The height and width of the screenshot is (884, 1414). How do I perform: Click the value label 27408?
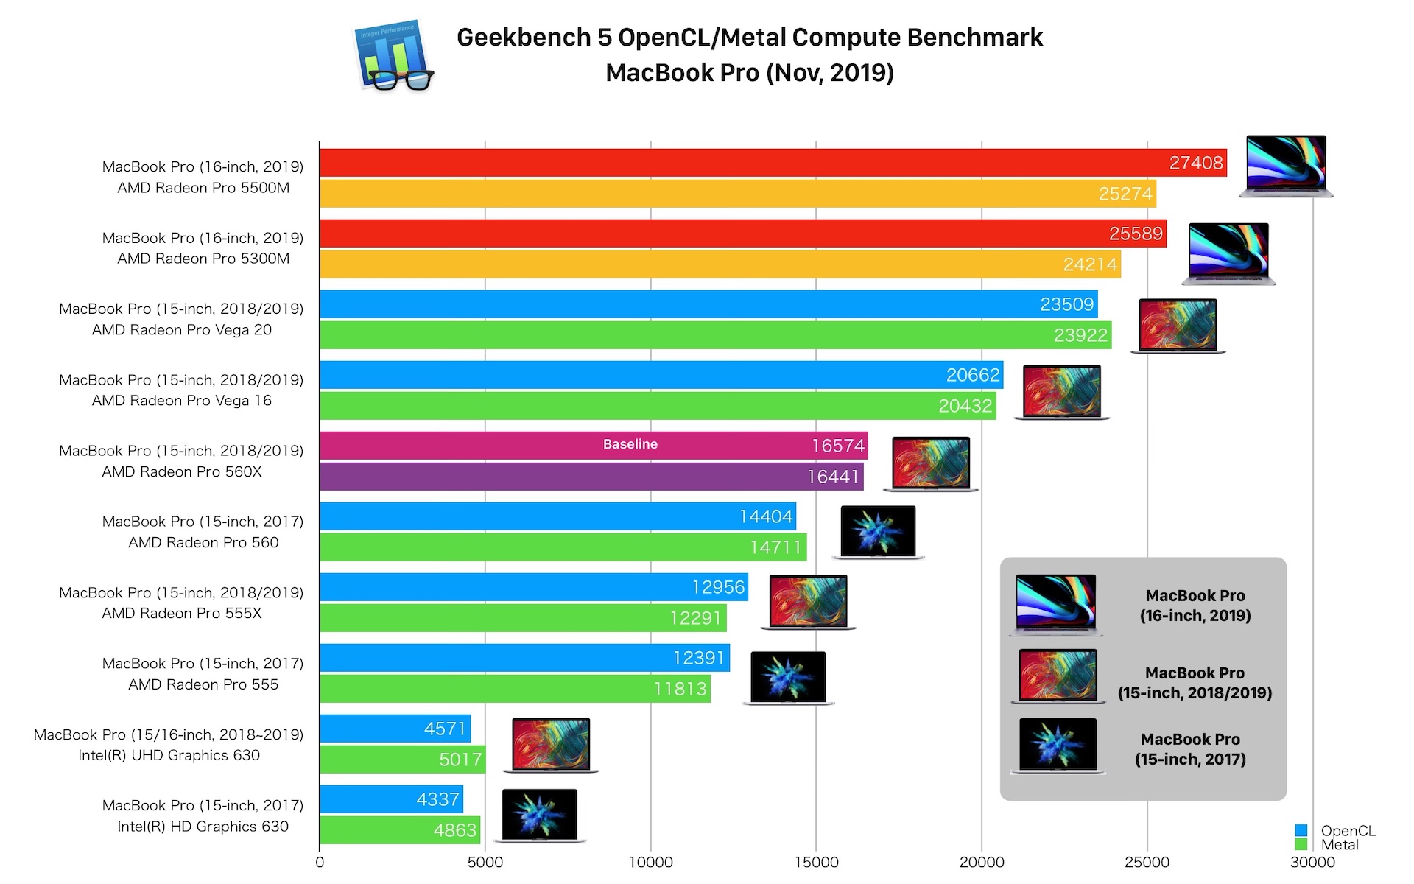coord(1196,163)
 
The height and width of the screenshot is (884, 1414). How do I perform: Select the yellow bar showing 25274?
coord(736,194)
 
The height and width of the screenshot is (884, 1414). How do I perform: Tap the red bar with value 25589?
coord(736,234)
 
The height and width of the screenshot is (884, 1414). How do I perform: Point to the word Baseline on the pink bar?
coord(630,444)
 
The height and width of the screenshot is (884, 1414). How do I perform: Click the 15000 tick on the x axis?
coord(816,863)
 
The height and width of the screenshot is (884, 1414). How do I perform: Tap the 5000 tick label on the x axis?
coord(485,863)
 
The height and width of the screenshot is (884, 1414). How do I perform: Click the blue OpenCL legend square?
coord(1301,831)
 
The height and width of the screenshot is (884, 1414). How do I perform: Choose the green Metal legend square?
coord(1301,844)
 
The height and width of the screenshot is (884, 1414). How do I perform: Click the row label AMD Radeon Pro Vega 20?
coord(182,330)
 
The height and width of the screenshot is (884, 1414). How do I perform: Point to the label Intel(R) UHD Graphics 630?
coord(169,755)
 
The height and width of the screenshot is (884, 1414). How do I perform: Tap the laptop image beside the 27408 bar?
coord(1286,166)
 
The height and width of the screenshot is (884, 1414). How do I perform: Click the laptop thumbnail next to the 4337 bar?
coord(540,815)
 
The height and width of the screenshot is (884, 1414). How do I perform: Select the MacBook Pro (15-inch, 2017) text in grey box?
coord(1190,749)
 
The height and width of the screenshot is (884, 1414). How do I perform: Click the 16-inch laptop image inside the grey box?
coord(1056,605)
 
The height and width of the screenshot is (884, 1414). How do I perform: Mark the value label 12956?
coord(718,587)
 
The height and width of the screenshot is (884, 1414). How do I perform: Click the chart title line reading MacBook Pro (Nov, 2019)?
coord(750,73)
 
